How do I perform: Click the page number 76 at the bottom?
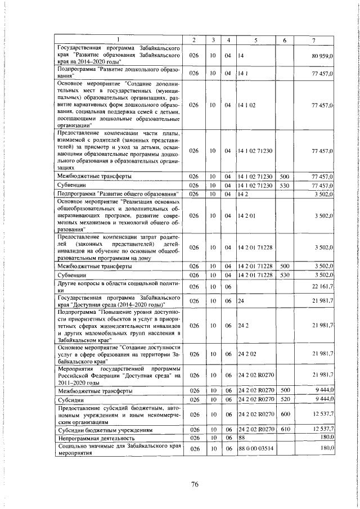coord(179,484)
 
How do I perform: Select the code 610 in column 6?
coord(284,429)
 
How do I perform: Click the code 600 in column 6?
coord(284,415)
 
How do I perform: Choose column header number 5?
coord(255,39)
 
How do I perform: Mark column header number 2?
coord(193,39)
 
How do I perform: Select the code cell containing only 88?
coord(241,437)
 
